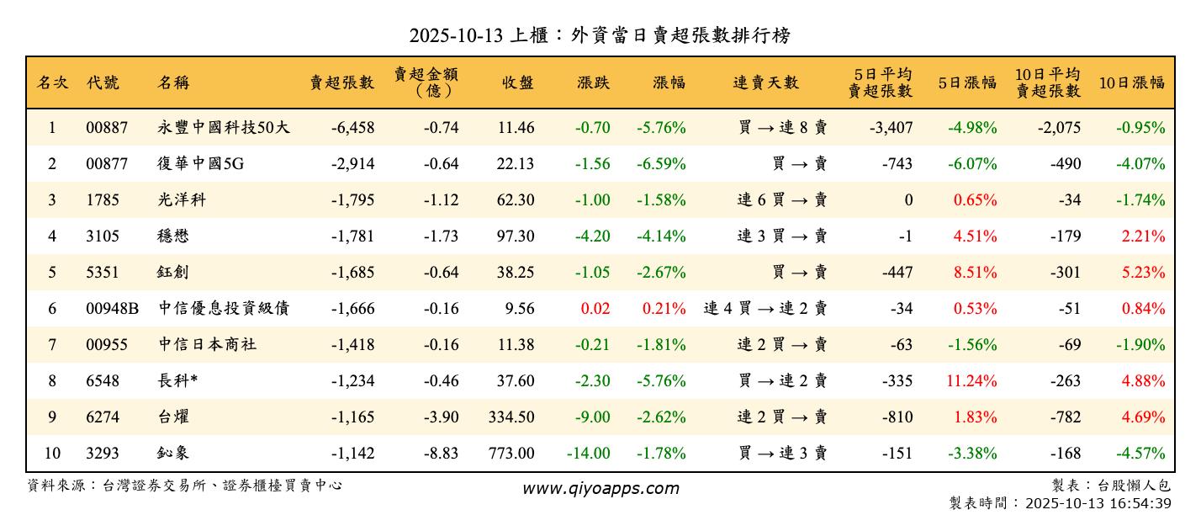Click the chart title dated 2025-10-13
tap(600, 35)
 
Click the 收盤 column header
tap(517, 82)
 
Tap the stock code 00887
tap(107, 128)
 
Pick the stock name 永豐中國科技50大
tap(224, 128)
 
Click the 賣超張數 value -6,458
tap(352, 128)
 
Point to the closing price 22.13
tap(515, 164)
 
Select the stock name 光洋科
tap(182, 200)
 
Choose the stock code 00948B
tap(112, 309)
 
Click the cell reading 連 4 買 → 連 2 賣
tap(765, 309)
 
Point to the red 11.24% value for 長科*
tap(971, 381)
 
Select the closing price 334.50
tap(511, 417)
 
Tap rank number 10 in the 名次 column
tap(52, 454)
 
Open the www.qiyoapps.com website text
tap(600, 488)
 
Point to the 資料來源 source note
tap(185, 486)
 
